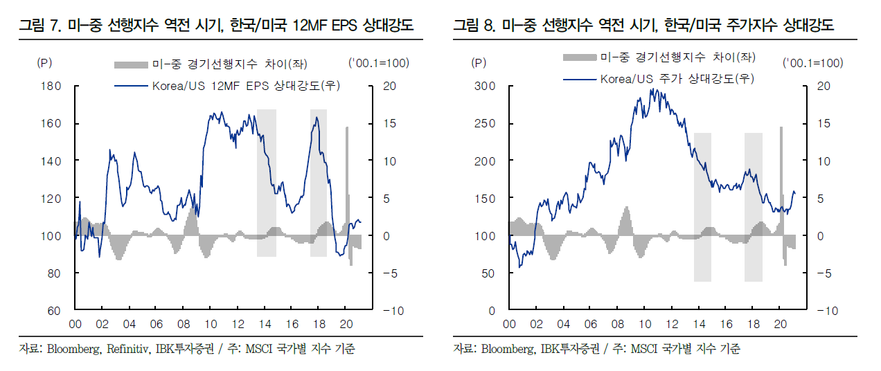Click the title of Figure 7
(215, 27)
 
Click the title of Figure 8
(643, 27)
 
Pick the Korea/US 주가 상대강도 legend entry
(677, 78)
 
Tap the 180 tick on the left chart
(53, 86)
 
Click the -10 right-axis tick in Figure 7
(393, 311)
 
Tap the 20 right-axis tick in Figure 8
(824, 86)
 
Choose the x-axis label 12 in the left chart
(237, 324)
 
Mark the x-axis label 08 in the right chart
(617, 324)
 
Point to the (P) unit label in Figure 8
(479, 63)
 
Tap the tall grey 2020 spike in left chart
(347, 180)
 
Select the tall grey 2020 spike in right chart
(781, 180)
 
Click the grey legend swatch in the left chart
(132, 64)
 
